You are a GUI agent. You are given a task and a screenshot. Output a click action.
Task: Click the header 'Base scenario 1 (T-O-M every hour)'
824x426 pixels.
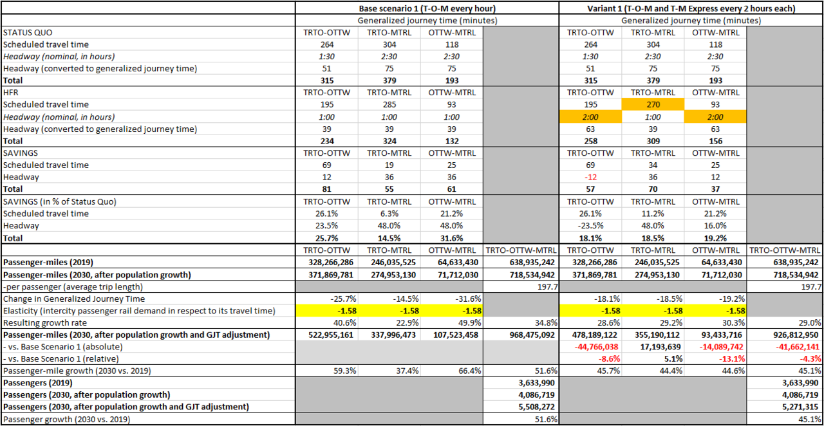tap(427, 8)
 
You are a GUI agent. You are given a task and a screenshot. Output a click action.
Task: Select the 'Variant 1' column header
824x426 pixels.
tap(690, 8)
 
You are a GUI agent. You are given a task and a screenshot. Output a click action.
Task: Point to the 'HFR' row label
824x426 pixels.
tap(11, 93)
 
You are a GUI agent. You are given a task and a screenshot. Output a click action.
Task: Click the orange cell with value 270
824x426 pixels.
tap(653, 105)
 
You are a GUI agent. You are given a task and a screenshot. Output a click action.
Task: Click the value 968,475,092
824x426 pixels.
tap(520, 335)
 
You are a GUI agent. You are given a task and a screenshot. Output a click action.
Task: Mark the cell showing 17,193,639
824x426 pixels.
tap(653, 347)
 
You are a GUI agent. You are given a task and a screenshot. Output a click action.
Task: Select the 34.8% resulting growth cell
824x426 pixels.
tap(539, 323)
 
